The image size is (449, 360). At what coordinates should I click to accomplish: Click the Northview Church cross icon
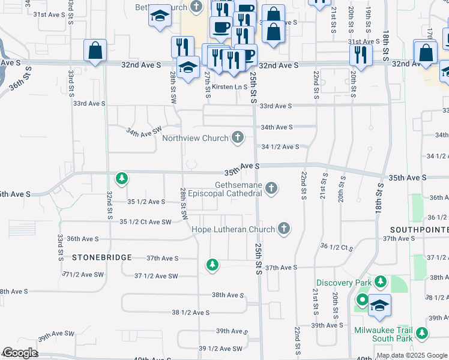(238, 138)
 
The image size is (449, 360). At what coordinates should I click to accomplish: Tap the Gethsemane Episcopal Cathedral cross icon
(271, 189)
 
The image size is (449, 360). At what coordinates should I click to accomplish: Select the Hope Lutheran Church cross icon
(284, 229)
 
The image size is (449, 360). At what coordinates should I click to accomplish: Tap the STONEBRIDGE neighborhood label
(101, 257)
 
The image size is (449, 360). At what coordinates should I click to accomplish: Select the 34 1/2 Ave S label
(280, 147)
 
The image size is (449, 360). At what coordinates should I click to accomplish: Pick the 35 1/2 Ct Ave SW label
(146, 222)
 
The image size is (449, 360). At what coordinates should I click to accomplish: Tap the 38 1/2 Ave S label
(191, 313)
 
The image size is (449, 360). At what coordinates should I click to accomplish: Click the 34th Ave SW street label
(143, 130)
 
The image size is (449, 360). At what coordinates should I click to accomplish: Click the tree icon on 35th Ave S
(122, 178)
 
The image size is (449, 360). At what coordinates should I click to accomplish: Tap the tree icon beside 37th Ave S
(212, 265)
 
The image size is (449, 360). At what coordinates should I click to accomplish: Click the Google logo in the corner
(20, 353)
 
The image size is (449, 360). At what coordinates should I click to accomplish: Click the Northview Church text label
(196, 138)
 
